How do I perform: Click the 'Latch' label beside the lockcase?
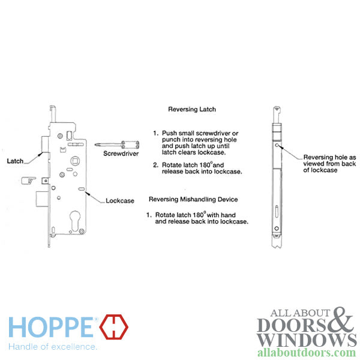16,161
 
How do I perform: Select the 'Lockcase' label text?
120,200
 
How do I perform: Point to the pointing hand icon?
27,179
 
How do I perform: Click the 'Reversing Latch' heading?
192,110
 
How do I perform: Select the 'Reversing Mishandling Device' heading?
193,199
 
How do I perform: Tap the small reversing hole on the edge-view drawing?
276,145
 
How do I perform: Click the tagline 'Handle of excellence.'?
52,347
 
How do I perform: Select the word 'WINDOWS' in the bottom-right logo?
299,340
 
